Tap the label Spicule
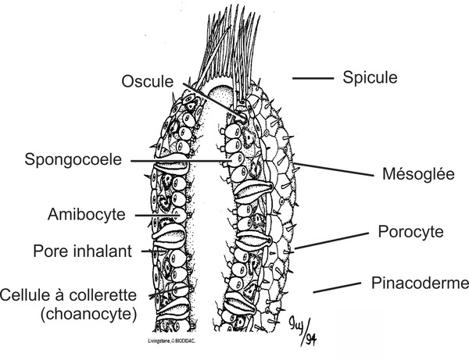(371, 77)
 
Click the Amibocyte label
(85, 213)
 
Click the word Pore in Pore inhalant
(49, 251)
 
